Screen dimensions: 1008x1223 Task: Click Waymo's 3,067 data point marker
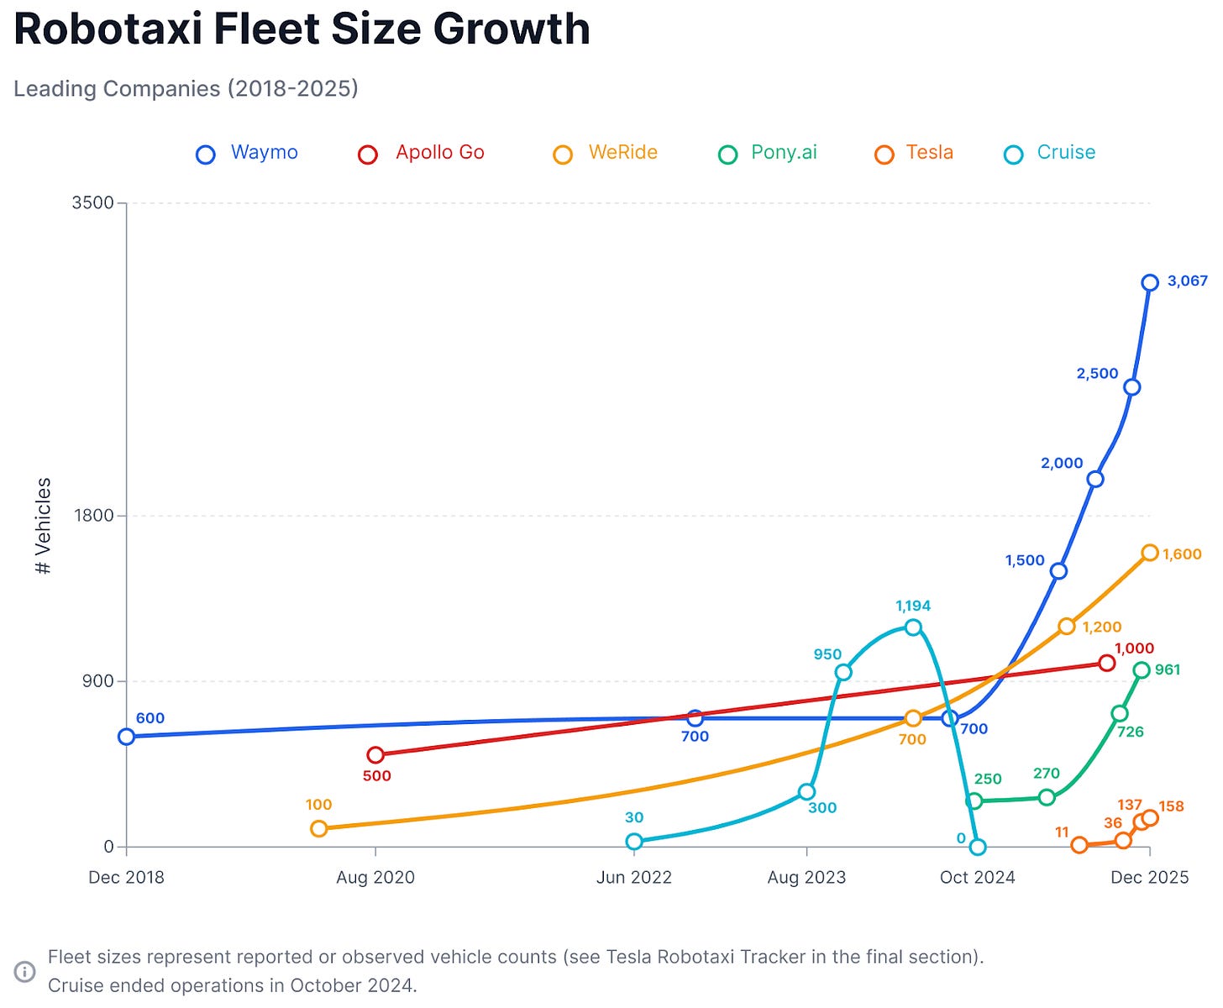1150,283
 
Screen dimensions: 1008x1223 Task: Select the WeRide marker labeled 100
318,829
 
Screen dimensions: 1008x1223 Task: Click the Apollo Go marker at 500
375,755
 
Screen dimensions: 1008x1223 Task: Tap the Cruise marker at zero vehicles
977,847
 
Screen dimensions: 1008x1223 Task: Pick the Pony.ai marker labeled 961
1141,670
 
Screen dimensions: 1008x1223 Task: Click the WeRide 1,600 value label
1182,554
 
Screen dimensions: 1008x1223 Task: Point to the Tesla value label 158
1171,806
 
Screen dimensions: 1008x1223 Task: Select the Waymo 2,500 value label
1097,374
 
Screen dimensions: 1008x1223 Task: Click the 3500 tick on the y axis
92,203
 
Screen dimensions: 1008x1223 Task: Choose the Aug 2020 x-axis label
375,878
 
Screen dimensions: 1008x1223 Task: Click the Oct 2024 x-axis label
977,878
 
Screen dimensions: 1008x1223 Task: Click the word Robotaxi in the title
108,29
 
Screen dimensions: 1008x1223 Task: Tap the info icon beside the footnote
25,972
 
